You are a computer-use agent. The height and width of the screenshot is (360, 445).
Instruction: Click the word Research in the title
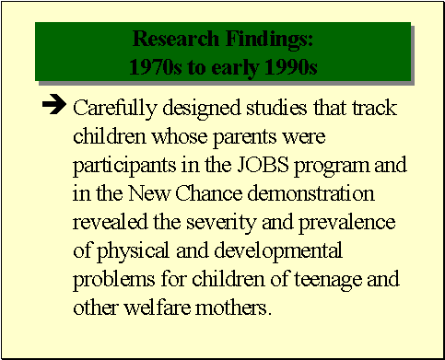(168, 39)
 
